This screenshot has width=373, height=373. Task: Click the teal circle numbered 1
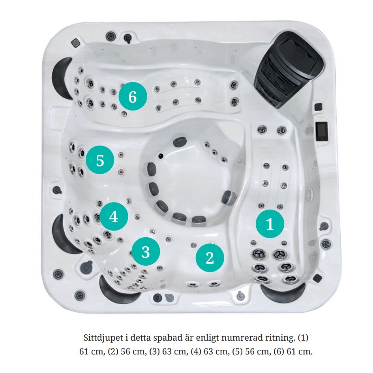[x=270, y=224]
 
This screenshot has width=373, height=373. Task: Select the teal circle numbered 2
[x=210, y=258]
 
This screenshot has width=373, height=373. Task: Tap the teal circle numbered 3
[x=146, y=251]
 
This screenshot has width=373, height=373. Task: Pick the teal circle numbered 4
[x=114, y=216]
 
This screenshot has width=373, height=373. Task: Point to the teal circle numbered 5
[x=100, y=160]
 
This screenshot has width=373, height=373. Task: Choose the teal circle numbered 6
[x=133, y=96]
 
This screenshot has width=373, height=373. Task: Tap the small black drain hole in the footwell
[x=161, y=156]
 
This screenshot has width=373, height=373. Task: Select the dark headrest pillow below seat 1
[x=283, y=291]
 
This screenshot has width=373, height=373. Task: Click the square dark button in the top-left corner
[x=76, y=43]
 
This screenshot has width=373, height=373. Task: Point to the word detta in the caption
[x=142, y=338]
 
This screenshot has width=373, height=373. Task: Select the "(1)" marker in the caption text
[x=303, y=338]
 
